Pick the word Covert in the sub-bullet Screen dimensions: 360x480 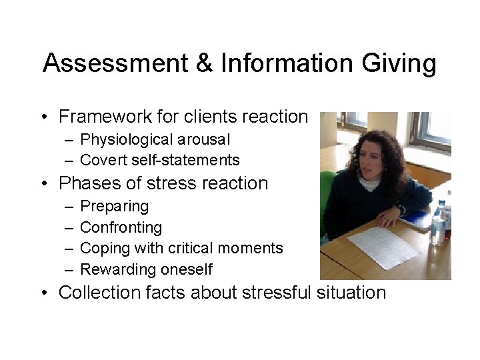(x=101, y=160)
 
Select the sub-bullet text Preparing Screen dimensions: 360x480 (x=114, y=207)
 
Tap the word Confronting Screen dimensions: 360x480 (x=121, y=227)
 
